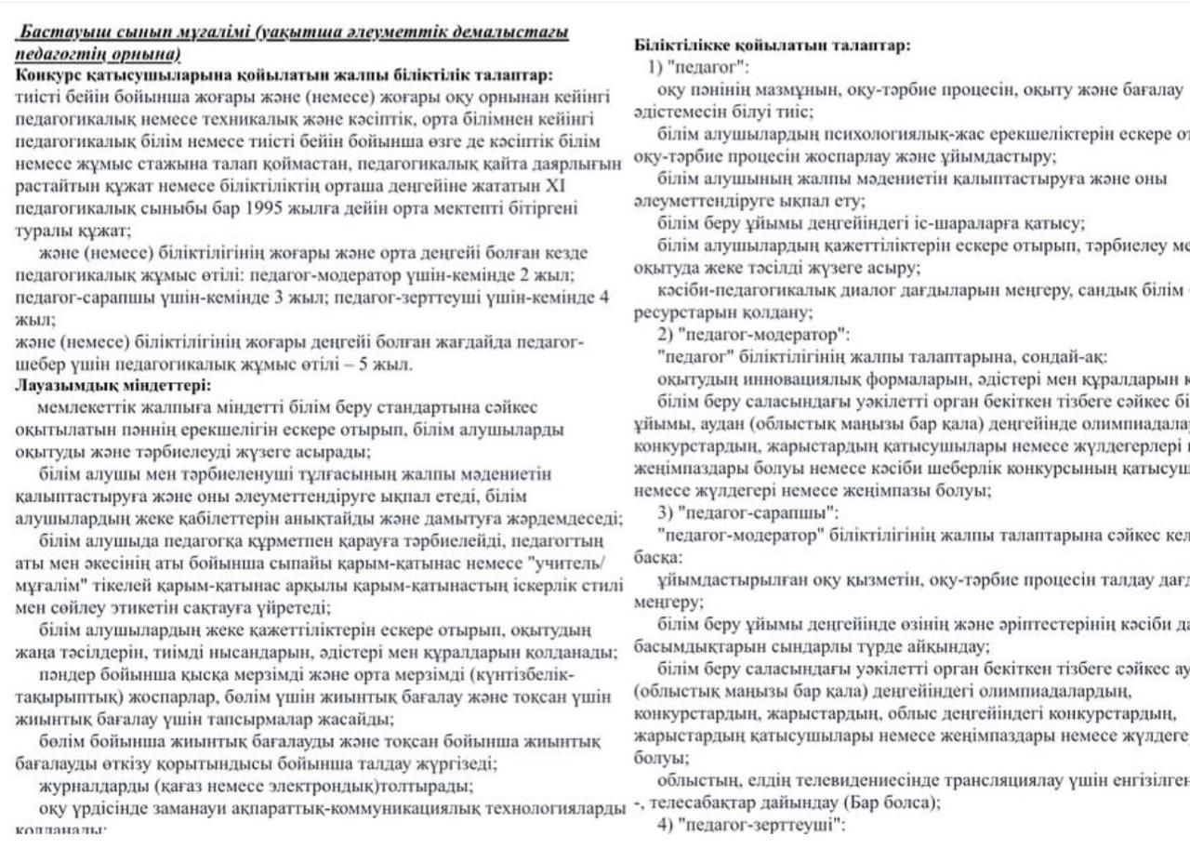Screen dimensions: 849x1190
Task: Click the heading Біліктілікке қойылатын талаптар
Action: [x=771, y=45]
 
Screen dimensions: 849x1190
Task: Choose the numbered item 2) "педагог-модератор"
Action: [x=752, y=334]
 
